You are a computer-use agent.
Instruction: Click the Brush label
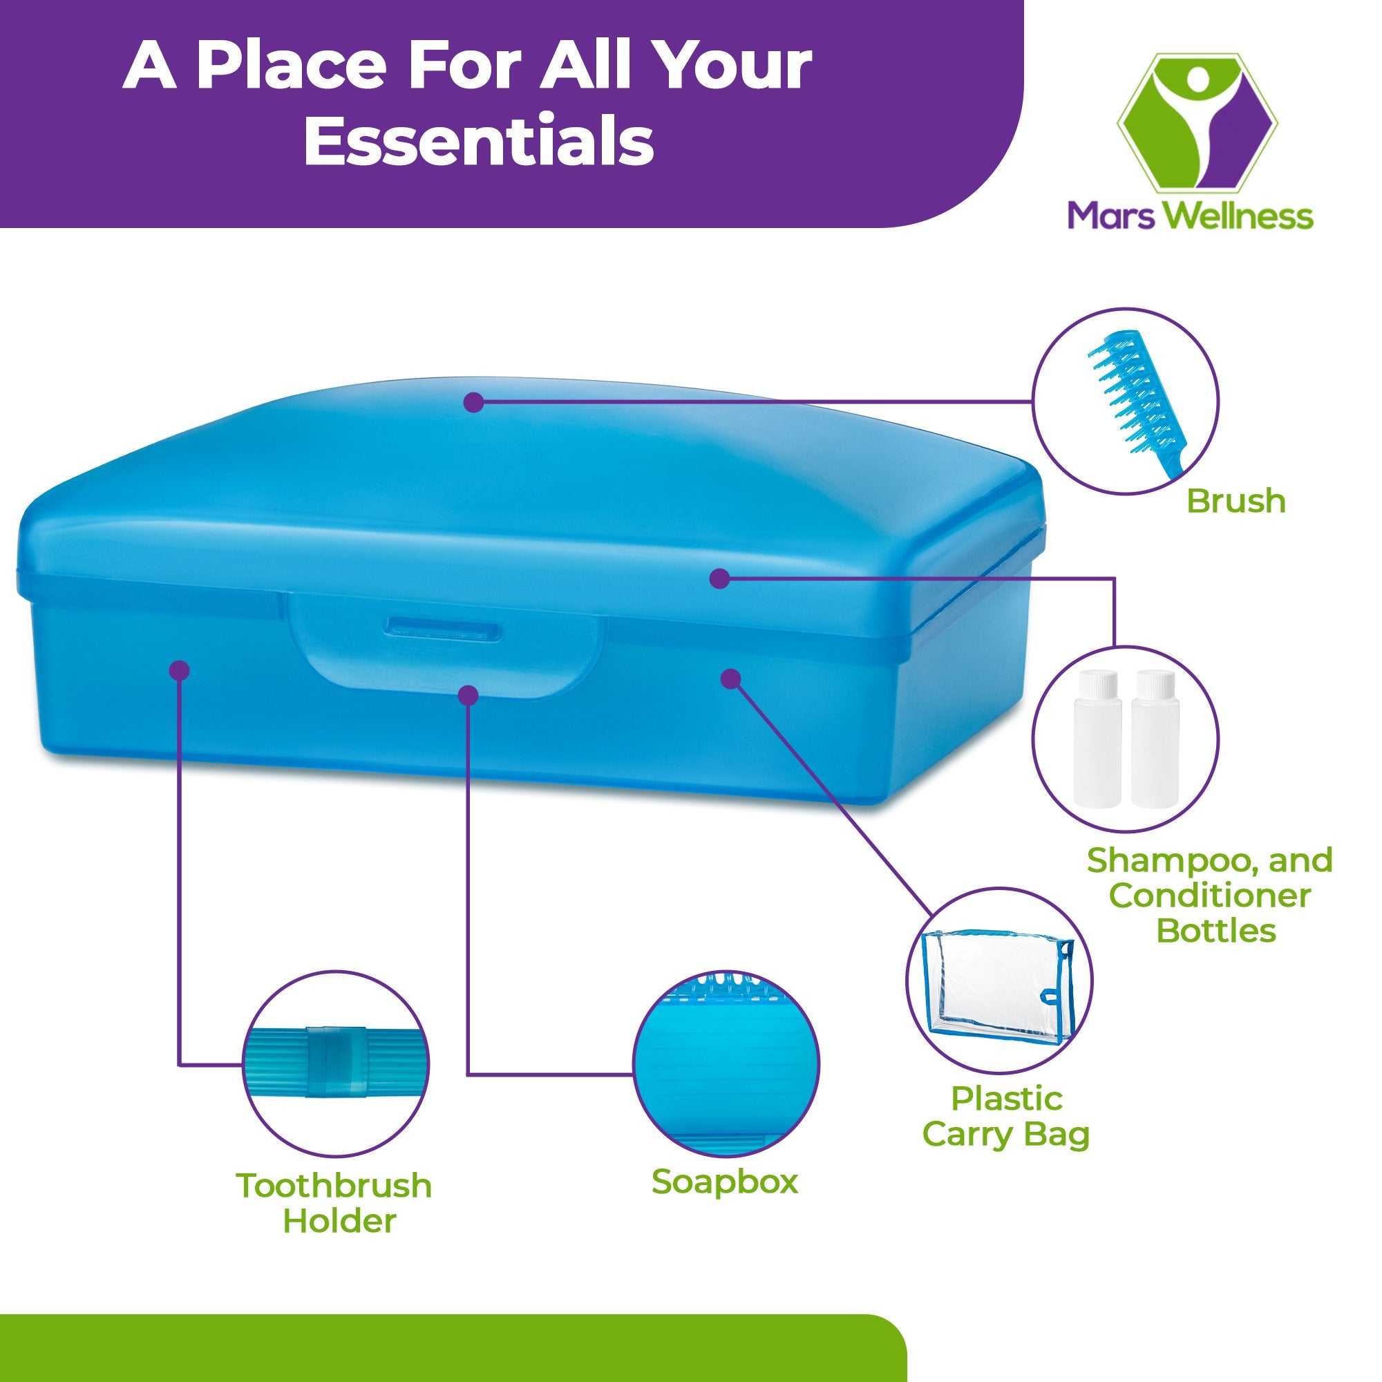[1236, 502]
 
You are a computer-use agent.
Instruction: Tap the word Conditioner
[1210, 896]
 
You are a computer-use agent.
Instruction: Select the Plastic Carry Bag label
[1005, 1117]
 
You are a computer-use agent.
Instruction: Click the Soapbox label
[724, 1182]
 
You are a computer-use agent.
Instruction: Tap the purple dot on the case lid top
[473, 403]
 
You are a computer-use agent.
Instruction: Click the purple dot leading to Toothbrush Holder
[180, 670]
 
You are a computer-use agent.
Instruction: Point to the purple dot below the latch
[468, 694]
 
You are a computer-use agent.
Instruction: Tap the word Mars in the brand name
[1110, 216]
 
